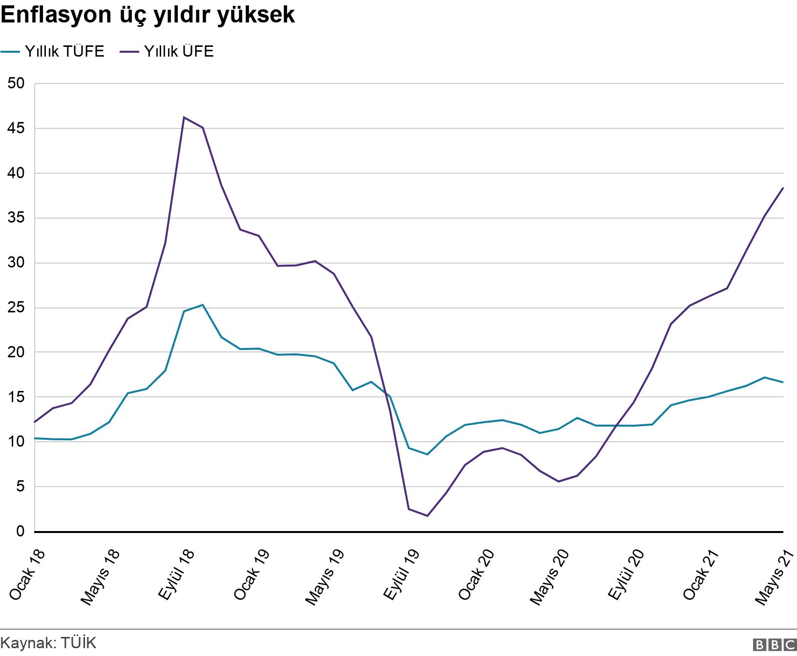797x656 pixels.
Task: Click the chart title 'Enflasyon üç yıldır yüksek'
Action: click(147, 16)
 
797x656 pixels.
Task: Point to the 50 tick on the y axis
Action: click(16, 83)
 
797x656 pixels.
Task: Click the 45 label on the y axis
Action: click(16, 128)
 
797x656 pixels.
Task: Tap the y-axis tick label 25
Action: click(16, 308)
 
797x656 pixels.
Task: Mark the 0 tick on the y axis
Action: click(20, 532)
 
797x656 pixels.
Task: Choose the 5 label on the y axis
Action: click(20, 487)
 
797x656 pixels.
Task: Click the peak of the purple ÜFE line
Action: click(184, 117)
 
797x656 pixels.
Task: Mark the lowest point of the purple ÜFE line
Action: click(427, 516)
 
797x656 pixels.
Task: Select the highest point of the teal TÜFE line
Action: click(202, 305)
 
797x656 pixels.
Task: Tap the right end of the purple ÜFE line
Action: click(783, 187)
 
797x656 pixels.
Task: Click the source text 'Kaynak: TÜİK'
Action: click(48, 643)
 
